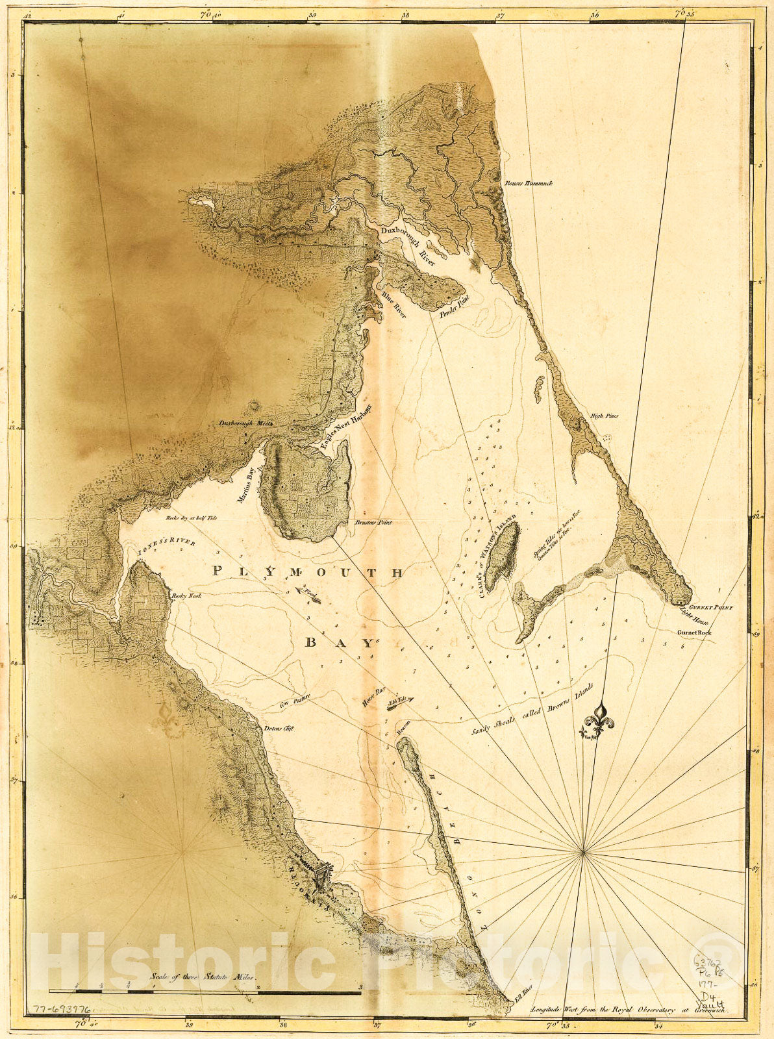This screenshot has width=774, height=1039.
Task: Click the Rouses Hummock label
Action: (529, 184)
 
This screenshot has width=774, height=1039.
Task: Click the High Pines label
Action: (604, 416)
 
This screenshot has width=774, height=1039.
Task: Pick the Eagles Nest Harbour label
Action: (344, 427)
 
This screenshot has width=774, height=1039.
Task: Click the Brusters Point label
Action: (373, 522)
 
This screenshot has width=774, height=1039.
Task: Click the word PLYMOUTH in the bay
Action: (308, 572)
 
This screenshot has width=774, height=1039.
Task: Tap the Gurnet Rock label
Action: (694, 632)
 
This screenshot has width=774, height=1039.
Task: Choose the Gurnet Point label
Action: (711, 608)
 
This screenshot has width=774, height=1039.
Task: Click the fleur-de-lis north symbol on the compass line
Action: (597, 720)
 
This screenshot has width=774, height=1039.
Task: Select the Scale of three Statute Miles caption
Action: (203, 976)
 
